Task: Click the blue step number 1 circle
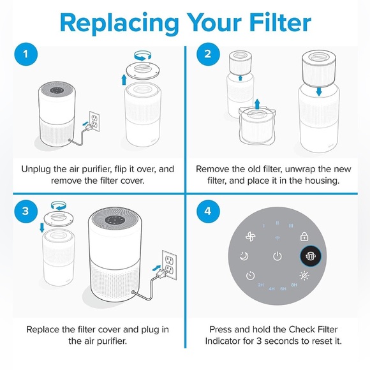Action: (x=26, y=54)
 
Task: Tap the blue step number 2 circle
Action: (x=208, y=54)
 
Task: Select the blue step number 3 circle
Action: (x=26, y=211)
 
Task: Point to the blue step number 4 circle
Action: (x=208, y=211)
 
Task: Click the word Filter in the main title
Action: (x=280, y=22)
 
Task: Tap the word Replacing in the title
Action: (x=119, y=24)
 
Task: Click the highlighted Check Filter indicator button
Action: (x=311, y=256)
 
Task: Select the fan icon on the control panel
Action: (x=250, y=237)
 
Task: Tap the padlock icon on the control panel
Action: (x=304, y=237)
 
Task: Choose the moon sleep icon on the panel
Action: (x=244, y=256)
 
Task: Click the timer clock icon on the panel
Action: (x=250, y=276)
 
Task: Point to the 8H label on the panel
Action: (x=294, y=285)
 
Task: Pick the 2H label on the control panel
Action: (x=261, y=285)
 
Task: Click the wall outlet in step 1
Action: (x=94, y=121)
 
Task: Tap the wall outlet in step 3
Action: (x=170, y=265)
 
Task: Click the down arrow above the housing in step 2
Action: (x=319, y=92)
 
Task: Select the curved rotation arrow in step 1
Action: (x=143, y=56)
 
